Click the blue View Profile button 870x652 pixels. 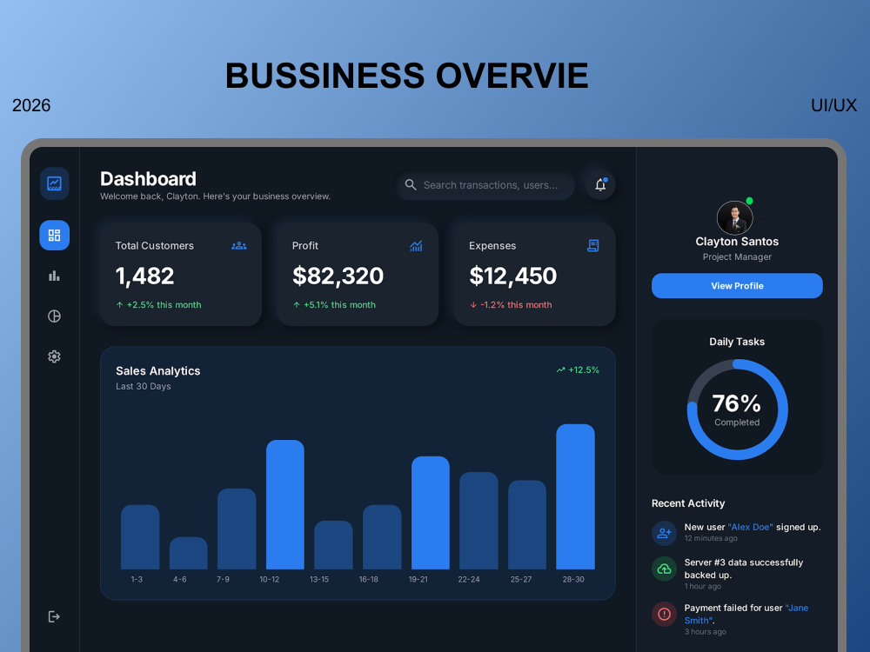pos(737,285)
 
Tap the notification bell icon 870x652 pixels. pos(600,184)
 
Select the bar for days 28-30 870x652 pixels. pos(575,496)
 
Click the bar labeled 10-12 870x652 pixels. pos(285,504)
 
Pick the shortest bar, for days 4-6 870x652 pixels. pos(189,553)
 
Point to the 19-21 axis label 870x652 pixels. pos(418,579)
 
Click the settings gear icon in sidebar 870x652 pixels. pos(54,356)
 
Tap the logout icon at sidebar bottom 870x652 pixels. pos(54,616)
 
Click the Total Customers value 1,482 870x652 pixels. pos(144,276)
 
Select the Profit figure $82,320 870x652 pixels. pos(338,276)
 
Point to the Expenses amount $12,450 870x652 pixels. pos(512,276)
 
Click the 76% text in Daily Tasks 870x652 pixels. pos(736,403)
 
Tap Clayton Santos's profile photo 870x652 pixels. pos(734,218)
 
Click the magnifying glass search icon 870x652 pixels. pos(411,184)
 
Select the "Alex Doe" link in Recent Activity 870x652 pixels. pos(750,528)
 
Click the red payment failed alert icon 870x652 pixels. pos(664,615)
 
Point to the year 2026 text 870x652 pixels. pos(31,105)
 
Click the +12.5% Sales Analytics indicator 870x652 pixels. pos(578,369)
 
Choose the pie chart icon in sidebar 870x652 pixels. pos(54,316)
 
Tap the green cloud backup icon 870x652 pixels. pos(664,569)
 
